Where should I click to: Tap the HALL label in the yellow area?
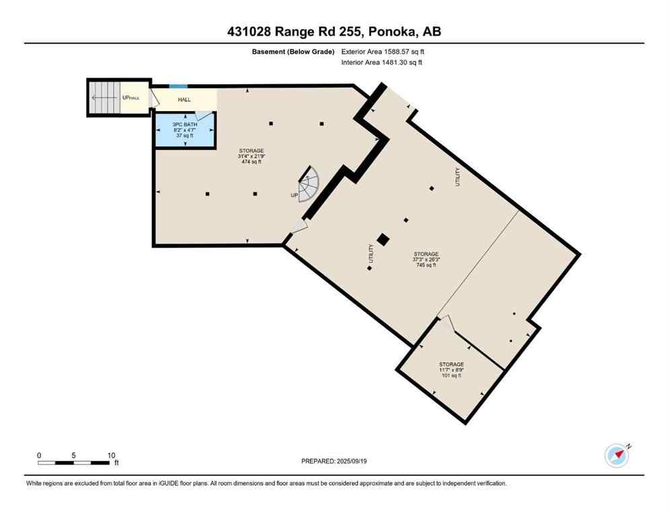[x=184, y=100]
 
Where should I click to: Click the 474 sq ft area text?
[x=251, y=162]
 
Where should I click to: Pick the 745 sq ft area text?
[x=426, y=265]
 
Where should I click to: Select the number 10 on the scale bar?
[x=111, y=454]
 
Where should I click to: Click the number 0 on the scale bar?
[x=39, y=454]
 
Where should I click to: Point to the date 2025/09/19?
[x=352, y=461]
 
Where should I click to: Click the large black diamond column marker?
[x=383, y=240]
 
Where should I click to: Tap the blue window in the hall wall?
[x=178, y=86]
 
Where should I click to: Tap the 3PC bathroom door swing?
[x=205, y=122]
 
